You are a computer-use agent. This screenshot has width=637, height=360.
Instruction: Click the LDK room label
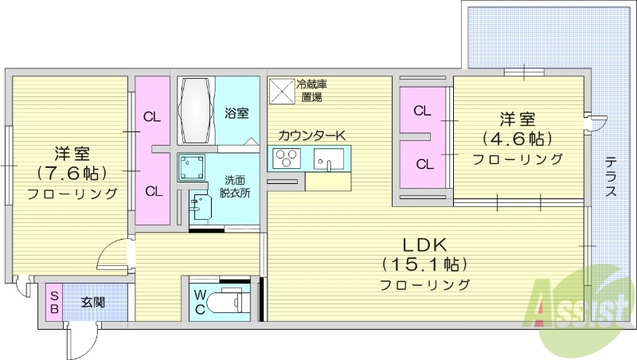tap(423, 245)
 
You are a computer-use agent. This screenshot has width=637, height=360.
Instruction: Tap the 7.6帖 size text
tap(72, 172)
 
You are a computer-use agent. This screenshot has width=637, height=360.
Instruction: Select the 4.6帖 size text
tap(517, 139)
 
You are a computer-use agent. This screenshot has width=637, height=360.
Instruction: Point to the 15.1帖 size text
tap(423, 264)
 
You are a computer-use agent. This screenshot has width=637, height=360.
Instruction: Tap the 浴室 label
tap(236, 113)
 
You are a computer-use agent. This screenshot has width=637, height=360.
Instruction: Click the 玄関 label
tap(93, 302)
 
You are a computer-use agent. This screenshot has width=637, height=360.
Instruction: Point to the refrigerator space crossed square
tap(281, 90)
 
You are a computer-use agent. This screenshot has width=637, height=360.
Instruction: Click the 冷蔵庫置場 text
tap(312, 90)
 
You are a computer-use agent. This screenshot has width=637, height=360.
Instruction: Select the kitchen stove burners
tap(285, 158)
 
